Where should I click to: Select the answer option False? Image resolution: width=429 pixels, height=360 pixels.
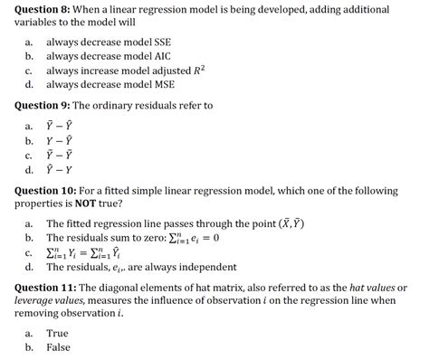tap(59, 346)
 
